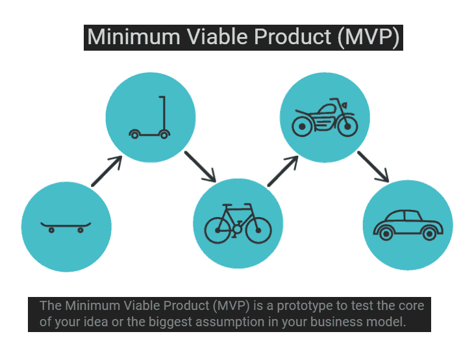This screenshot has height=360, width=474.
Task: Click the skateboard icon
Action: pos(66,226)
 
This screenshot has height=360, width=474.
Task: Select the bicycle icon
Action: pos(238,224)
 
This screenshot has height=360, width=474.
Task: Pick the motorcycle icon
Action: pos(325,118)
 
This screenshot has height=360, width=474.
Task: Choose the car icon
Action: pos(408,225)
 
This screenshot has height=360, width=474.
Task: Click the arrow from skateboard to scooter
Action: pos(106,171)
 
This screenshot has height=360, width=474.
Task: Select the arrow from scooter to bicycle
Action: pos(200,167)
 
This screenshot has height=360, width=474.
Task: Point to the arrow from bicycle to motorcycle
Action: pos(283,171)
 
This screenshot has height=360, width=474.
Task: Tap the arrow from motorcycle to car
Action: pos(373,167)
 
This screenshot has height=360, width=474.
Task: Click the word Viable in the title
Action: pos(217,37)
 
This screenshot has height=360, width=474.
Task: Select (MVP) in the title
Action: pos(369,38)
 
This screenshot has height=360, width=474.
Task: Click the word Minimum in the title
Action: pos(134,37)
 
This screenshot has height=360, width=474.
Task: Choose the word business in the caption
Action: pos(336,322)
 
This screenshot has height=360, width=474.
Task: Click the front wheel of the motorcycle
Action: pos(347,127)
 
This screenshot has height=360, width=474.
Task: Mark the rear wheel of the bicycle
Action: pos(218,231)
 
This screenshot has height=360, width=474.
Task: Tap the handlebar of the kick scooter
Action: pos(162,97)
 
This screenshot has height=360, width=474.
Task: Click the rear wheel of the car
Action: pos(386,234)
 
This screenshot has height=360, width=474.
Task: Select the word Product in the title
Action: pos(293,37)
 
